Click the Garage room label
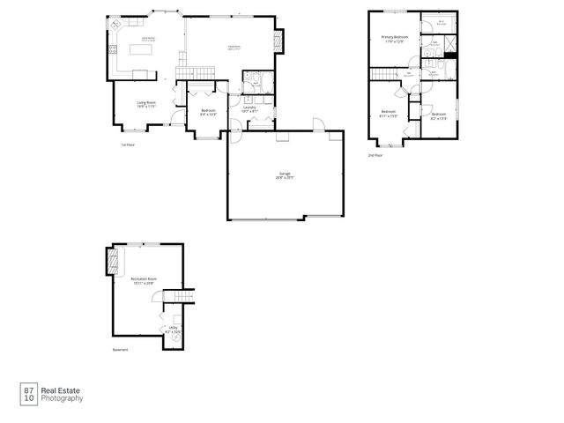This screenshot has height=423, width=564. tap(285, 175)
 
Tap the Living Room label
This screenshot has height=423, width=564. tap(146, 104)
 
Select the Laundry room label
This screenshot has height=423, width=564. tap(249, 109)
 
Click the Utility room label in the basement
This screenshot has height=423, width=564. tap(174, 330)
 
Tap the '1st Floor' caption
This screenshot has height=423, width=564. tap(128, 145)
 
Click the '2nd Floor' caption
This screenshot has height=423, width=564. tap(375, 155)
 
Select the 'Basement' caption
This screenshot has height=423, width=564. tap(120, 350)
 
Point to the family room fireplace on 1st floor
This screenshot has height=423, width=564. tap(281, 41)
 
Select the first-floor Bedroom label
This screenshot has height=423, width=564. tap(208, 112)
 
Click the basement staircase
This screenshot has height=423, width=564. tap(182, 299)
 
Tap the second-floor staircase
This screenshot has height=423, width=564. tap(409, 75)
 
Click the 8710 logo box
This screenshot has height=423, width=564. tap(28, 393)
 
